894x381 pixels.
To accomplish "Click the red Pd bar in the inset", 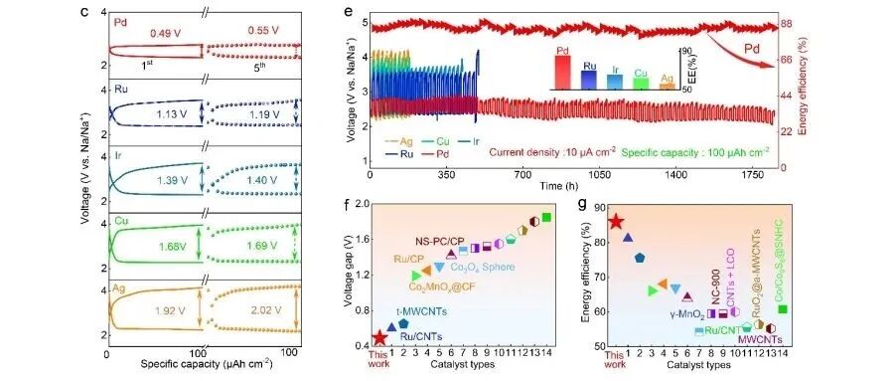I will [562, 71].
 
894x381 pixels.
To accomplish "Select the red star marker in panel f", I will [378, 338].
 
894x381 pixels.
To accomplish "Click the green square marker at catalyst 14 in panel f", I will [546, 218].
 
